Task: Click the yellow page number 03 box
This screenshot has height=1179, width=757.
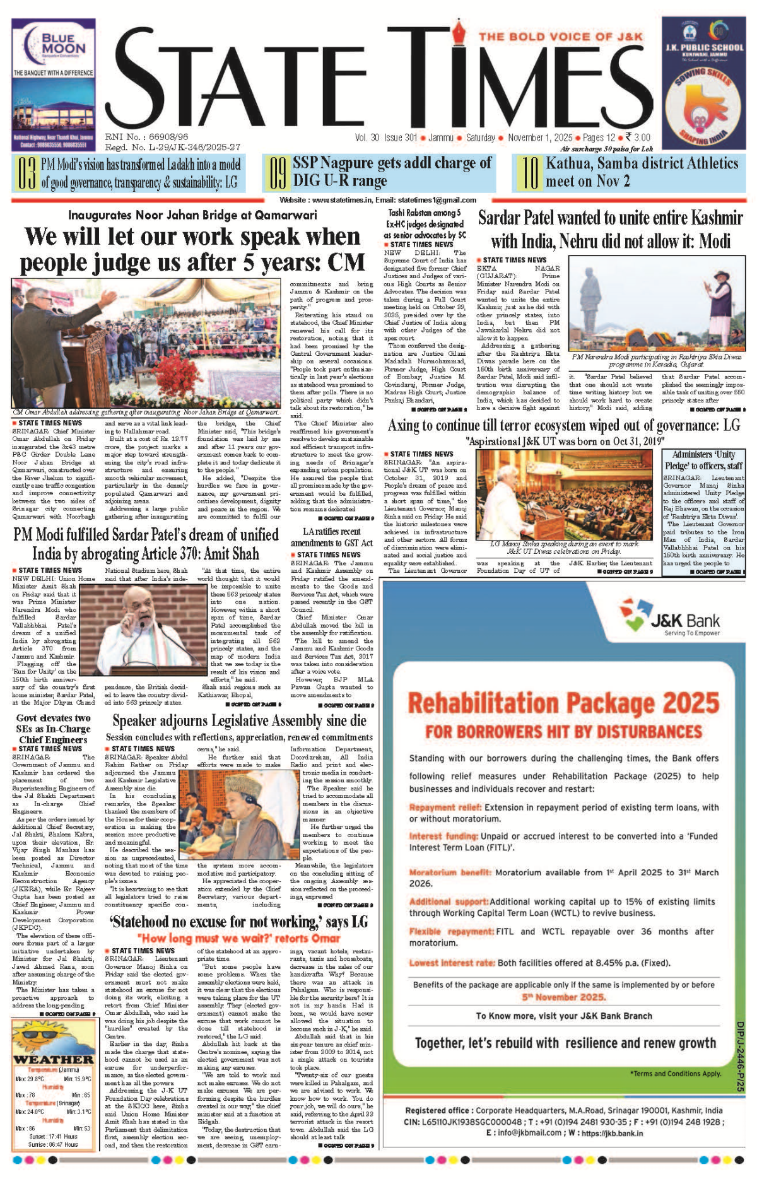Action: [x=26, y=173]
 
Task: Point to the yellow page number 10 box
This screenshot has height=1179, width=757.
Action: [x=529, y=173]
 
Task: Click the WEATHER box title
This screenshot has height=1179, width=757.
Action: [x=53, y=1060]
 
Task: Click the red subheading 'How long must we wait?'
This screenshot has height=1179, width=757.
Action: [x=238, y=938]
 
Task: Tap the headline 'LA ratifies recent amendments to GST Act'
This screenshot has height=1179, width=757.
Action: [x=331, y=537]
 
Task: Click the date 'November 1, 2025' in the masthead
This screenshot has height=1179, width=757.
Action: [x=540, y=138]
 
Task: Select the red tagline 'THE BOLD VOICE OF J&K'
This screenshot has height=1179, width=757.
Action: [x=560, y=37]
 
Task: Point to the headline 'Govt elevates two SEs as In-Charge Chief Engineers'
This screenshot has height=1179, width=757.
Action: [x=53, y=729]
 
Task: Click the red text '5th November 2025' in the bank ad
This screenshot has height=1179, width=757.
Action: [x=563, y=997]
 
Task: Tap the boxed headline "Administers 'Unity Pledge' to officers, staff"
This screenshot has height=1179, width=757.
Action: [x=703, y=460]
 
